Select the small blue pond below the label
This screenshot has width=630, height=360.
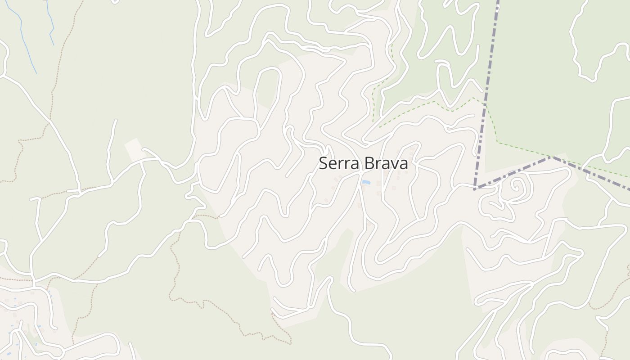click(x=366, y=182)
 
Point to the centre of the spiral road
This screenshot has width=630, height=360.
click(x=516, y=185)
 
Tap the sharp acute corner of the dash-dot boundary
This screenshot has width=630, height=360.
click(x=475, y=189)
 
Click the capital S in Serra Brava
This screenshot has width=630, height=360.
click(x=323, y=163)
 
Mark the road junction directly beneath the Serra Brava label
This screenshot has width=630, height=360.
click(x=360, y=173)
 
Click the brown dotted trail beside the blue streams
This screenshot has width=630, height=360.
click(x=58, y=67)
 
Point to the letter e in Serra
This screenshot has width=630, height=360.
click(x=332, y=164)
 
